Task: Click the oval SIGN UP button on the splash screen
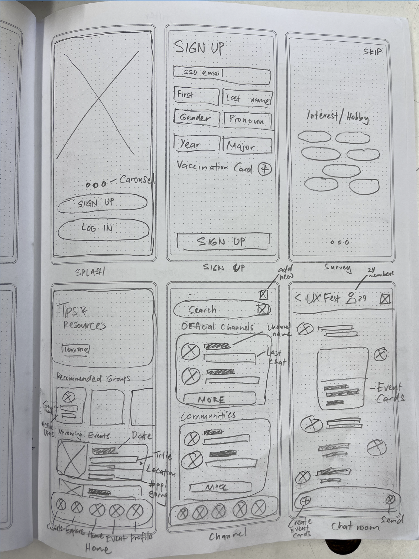(102, 203)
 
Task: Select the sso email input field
(221, 74)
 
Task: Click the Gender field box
(196, 118)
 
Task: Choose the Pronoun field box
(247, 120)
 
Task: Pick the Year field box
(196, 144)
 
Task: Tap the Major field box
(247, 145)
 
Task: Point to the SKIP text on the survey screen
(372, 51)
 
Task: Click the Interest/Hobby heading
(338, 117)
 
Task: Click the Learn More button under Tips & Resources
(76, 350)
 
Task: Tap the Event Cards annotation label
(389, 393)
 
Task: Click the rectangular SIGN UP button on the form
(223, 241)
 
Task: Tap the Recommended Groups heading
(93, 378)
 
